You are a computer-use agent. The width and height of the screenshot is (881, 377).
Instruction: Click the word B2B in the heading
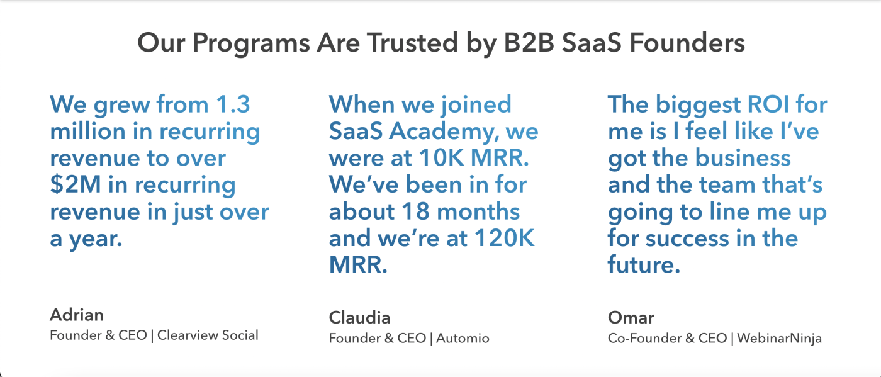pyautogui.click(x=529, y=43)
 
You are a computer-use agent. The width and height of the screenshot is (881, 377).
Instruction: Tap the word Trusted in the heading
pyautogui.click(x=412, y=43)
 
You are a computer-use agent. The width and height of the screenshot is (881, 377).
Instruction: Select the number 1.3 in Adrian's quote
pyautogui.click(x=233, y=104)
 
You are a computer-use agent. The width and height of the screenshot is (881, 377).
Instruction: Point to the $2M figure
pyautogui.click(x=75, y=184)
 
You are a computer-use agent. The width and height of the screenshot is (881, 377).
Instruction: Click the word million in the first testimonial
pyautogui.click(x=87, y=131)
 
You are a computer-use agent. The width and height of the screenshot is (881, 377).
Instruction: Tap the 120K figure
pyautogui.click(x=504, y=238)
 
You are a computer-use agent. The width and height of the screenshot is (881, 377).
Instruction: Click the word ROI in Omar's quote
pyautogui.click(x=768, y=104)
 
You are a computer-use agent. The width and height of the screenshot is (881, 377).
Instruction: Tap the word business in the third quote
pyautogui.click(x=743, y=158)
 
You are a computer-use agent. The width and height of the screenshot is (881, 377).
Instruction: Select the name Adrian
pyautogui.click(x=77, y=315)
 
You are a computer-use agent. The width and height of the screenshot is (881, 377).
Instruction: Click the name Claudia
pyautogui.click(x=359, y=318)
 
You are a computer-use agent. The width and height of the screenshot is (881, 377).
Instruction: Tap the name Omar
pyautogui.click(x=631, y=318)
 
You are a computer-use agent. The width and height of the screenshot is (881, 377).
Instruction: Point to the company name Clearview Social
pyautogui.click(x=208, y=335)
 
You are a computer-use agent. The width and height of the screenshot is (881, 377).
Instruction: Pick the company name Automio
pyautogui.click(x=463, y=338)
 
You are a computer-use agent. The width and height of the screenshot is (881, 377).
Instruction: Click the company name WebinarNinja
pyautogui.click(x=780, y=339)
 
